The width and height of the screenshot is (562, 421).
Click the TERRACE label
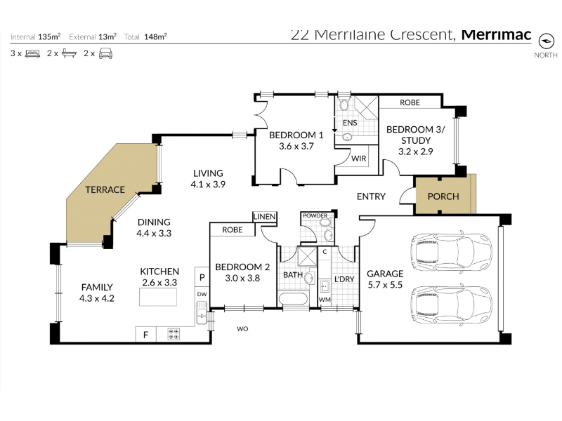coord(105,189)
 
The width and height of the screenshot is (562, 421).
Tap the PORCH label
coord(443,196)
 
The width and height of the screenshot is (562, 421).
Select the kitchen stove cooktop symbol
coord(174,335)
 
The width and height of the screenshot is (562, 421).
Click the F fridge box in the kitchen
coord(145,335)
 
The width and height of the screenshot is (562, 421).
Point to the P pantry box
coord(202,276)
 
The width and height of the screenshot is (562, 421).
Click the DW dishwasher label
coord(202,294)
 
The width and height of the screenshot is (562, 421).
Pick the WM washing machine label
coord(325,300)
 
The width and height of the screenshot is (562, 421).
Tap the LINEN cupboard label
coord(265,216)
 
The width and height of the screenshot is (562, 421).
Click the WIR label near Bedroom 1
coord(359,159)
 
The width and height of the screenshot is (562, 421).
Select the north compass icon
coord(547,41)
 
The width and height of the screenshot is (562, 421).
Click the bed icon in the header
coord(32,54)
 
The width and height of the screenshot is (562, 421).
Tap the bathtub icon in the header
coord(69,54)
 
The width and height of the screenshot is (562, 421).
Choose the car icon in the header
coord(106,54)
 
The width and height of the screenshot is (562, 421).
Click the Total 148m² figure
coord(145,36)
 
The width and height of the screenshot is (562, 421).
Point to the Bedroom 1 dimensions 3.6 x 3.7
coord(296,146)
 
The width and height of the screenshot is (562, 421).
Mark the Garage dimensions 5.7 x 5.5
coord(385,285)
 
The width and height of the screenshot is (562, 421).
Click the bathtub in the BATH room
coord(293,299)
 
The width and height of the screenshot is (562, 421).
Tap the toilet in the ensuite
coord(344,104)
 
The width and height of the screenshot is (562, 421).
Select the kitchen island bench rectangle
coord(158,297)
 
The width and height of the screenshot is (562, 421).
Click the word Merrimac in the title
coord(497,34)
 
